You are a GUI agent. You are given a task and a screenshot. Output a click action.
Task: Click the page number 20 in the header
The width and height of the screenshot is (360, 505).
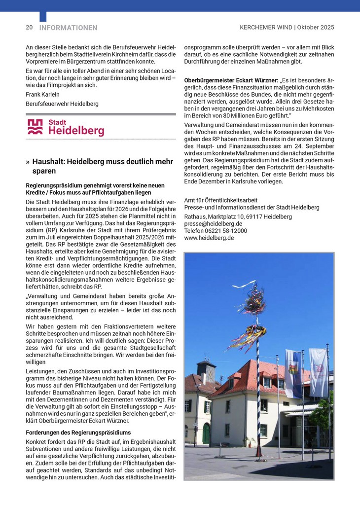click(29, 28)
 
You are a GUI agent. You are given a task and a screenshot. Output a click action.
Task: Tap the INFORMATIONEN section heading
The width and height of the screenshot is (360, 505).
click(68, 28)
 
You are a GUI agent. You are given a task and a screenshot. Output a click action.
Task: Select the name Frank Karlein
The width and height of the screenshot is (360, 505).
click(42, 94)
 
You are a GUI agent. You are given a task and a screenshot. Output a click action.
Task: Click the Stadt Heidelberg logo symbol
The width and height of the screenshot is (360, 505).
click(35, 127)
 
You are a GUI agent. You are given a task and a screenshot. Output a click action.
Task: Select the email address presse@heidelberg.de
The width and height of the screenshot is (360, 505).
click(213, 223)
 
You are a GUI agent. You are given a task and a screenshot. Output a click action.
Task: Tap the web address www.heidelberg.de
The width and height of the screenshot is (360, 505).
click(209, 238)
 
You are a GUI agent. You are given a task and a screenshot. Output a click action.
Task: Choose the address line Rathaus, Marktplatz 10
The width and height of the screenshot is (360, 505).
click(238, 216)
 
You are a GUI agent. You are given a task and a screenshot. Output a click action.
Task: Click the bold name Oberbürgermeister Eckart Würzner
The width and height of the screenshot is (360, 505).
click(230, 80)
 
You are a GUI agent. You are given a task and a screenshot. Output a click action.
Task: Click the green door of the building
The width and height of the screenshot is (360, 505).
click(206, 433)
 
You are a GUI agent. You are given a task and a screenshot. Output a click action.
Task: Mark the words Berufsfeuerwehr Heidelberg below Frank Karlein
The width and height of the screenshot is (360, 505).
click(62, 104)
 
